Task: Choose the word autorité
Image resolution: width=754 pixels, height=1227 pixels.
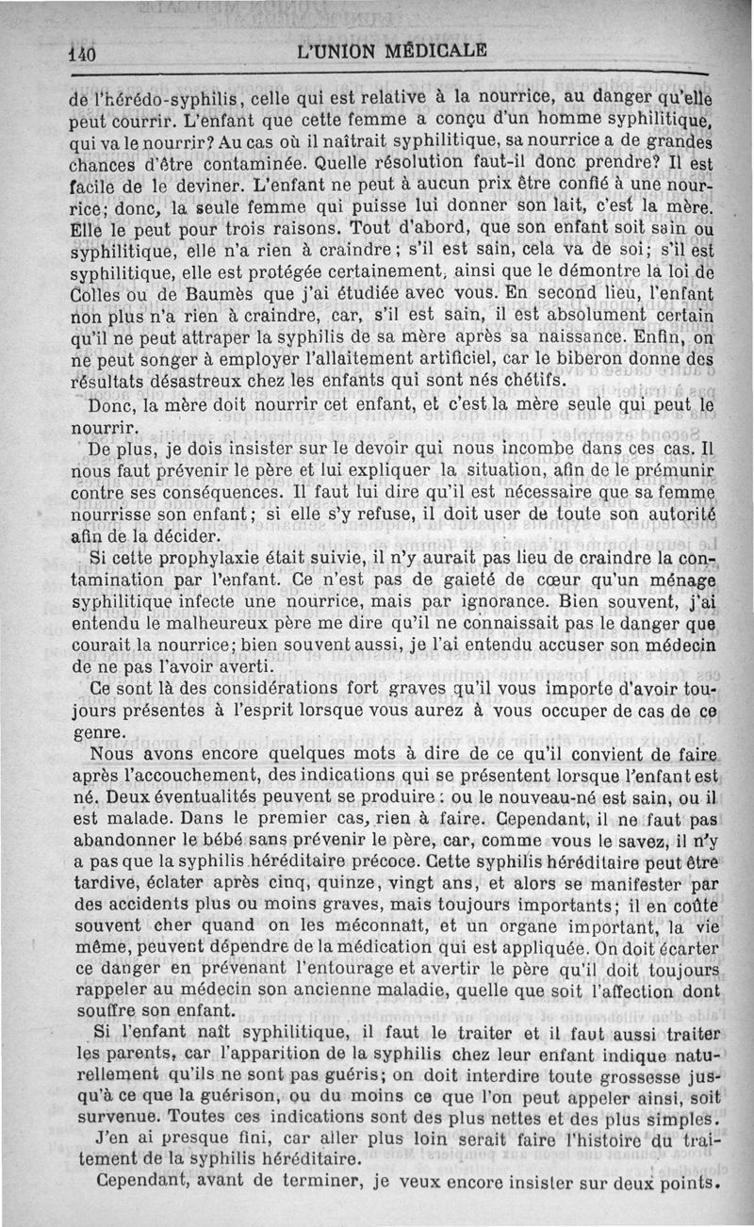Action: pos(670,513)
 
